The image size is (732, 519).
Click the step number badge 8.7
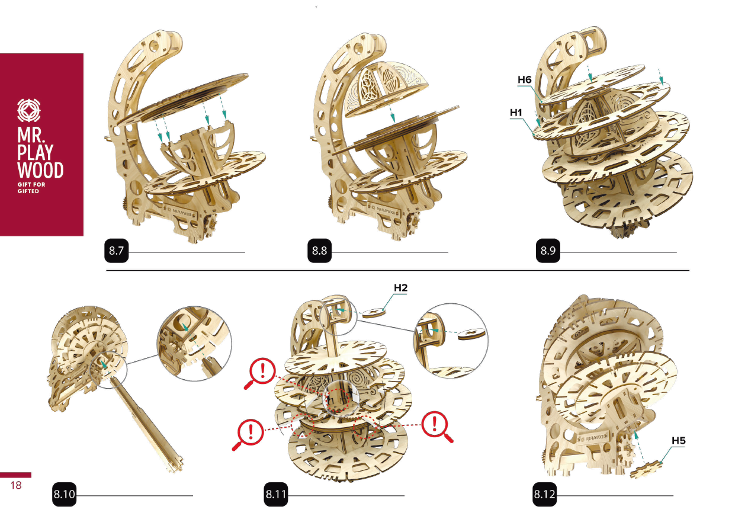116,251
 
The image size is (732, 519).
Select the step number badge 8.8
319,251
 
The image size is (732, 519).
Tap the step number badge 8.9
548,251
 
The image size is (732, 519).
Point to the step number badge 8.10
64,494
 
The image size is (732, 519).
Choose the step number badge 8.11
276,494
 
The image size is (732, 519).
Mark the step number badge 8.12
544,494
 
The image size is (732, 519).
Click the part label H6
525,79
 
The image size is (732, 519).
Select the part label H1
516,113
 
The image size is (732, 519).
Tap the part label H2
400,288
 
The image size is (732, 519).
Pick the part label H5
679,441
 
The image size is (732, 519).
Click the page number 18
15,485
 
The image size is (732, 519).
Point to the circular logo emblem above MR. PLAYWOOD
29,110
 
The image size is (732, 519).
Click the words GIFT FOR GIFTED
31,188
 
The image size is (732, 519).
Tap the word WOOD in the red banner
40,170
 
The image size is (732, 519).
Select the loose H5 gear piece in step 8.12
646,469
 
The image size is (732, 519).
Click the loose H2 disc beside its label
374,313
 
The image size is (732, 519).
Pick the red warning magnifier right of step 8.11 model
436,426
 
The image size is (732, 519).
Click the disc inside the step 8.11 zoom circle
471,334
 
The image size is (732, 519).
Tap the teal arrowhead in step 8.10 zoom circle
185,327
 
